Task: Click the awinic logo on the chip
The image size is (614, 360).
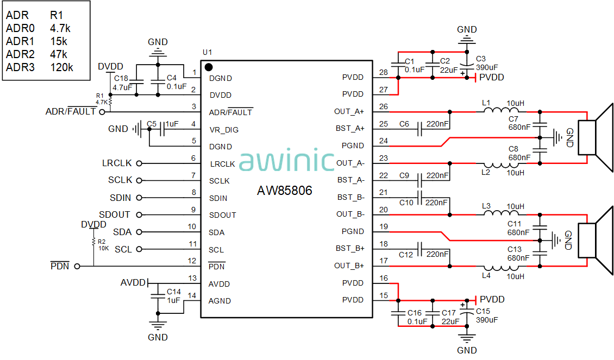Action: pyautogui.click(x=287, y=160)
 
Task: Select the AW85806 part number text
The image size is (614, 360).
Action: pyautogui.click(x=285, y=191)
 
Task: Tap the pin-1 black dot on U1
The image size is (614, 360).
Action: pyautogui.click(x=209, y=67)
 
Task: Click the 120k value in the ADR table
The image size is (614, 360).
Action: pyautogui.click(x=61, y=67)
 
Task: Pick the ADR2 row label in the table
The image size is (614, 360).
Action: pyautogui.click(x=20, y=54)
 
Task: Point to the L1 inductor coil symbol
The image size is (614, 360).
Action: pyautogui.click(x=501, y=110)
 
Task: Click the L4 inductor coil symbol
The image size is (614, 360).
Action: pyautogui.click(x=501, y=268)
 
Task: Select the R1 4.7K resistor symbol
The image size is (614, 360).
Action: pyautogui.click(x=110, y=102)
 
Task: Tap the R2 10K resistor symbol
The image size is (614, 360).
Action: pyautogui.click(x=93, y=242)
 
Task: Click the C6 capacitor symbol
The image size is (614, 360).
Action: pyautogui.click(x=420, y=129)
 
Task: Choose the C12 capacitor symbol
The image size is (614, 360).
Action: pyautogui.click(x=420, y=249)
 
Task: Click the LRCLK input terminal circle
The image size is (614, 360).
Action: pyautogui.click(x=139, y=163)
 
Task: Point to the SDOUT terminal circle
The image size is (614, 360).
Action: pyautogui.click(x=139, y=215)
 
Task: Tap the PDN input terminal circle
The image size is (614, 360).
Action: pyautogui.click(x=77, y=267)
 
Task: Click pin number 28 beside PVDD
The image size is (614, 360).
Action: pyautogui.click(x=384, y=72)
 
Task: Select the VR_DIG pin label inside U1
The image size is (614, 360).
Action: pyautogui.click(x=224, y=130)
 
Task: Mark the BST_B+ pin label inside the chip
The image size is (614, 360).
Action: pyautogui.click(x=350, y=249)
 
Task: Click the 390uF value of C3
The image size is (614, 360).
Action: pyautogui.click(x=487, y=67)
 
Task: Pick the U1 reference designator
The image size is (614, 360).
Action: pyautogui.click(x=207, y=53)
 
